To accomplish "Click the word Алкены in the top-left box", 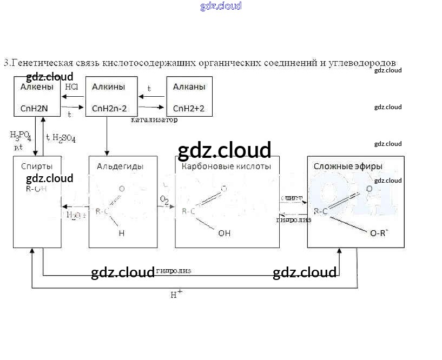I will (37, 87).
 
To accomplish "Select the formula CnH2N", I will (34, 108).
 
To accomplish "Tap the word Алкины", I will (108, 87).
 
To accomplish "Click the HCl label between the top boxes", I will (72, 86).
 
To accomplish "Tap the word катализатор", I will (154, 119).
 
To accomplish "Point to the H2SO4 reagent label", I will (63, 138).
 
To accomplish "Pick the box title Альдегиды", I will (113, 166).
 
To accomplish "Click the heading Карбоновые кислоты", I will (226, 166).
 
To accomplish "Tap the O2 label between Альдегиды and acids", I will (164, 200).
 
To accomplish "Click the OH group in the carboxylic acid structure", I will (224, 234).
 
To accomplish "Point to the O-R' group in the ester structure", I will (380, 234).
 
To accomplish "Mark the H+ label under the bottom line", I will (176, 294).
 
